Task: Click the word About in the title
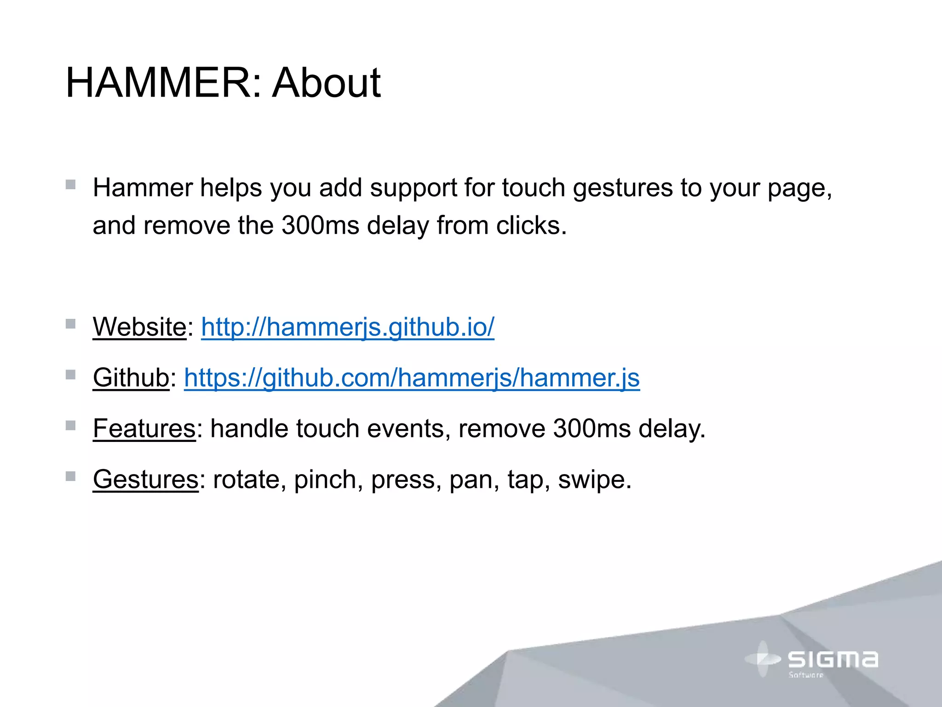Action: (x=326, y=83)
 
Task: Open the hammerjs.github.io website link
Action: (x=348, y=327)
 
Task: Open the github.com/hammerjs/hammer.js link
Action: (x=412, y=378)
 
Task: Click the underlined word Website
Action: (x=139, y=327)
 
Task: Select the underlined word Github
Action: (x=131, y=378)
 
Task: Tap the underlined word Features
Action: (x=144, y=429)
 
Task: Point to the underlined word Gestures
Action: (x=146, y=480)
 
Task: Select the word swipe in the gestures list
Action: (x=594, y=480)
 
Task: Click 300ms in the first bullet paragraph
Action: (x=320, y=226)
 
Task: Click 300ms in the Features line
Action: (x=592, y=429)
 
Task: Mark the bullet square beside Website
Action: (x=70, y=324)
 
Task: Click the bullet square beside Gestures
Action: (x=70, y=476)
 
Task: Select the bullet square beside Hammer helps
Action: (x=70, y=185)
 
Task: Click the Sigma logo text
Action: (x=833, y=660)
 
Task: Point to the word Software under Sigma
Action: (x=806, y=675)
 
